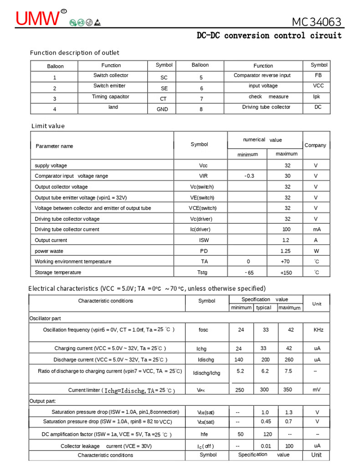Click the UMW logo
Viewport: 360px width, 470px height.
tap(38, 18)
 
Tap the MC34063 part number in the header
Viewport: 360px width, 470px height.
tap(316, 21)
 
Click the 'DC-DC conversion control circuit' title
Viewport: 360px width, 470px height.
tap(269, 36)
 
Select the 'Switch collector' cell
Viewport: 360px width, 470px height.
tap(111, 76)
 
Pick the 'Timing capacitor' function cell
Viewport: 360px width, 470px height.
tap(111, 97)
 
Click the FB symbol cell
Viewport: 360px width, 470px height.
tap(318, 76)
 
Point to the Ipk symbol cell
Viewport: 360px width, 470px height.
tap(317, 97)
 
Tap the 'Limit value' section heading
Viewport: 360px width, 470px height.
tap(48, 126)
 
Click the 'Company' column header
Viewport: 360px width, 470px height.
tap(315, 145)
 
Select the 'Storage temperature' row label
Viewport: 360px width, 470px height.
tap(58, 273)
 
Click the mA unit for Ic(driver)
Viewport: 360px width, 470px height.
tap(317, 230)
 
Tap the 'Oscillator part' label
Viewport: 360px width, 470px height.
tap(45, 319)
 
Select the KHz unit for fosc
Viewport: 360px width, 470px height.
tap(318, 330)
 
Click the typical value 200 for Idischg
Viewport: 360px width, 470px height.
tap(265, 360)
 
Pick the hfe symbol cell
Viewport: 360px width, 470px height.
tap(204, 434)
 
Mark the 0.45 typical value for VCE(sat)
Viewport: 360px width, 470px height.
tap(266, 422)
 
